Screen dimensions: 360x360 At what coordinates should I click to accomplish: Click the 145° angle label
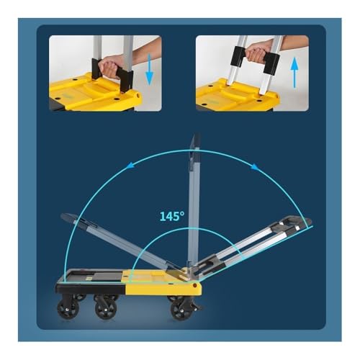point(172,216)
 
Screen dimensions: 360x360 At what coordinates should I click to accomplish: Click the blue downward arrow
point(149,70)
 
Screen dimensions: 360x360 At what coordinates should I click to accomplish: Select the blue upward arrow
point(294,73)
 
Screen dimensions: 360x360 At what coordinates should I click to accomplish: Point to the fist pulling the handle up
point(256,52)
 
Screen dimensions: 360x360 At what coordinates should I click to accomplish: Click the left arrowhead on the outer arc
point(130,165)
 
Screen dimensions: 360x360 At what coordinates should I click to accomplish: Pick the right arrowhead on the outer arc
point(255,167)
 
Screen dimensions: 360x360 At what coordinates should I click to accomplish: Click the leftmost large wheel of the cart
point(68,309)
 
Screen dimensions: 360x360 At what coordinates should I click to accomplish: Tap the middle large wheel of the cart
point(106,309)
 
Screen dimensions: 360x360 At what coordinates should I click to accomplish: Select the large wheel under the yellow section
point(181,310)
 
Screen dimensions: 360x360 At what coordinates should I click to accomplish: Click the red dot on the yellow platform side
point(195,285)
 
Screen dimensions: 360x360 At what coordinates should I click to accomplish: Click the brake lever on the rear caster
point(197,305)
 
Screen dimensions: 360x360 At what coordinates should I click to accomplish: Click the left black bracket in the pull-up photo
point(238,56)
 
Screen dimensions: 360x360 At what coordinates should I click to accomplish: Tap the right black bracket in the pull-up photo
point(271,63)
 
